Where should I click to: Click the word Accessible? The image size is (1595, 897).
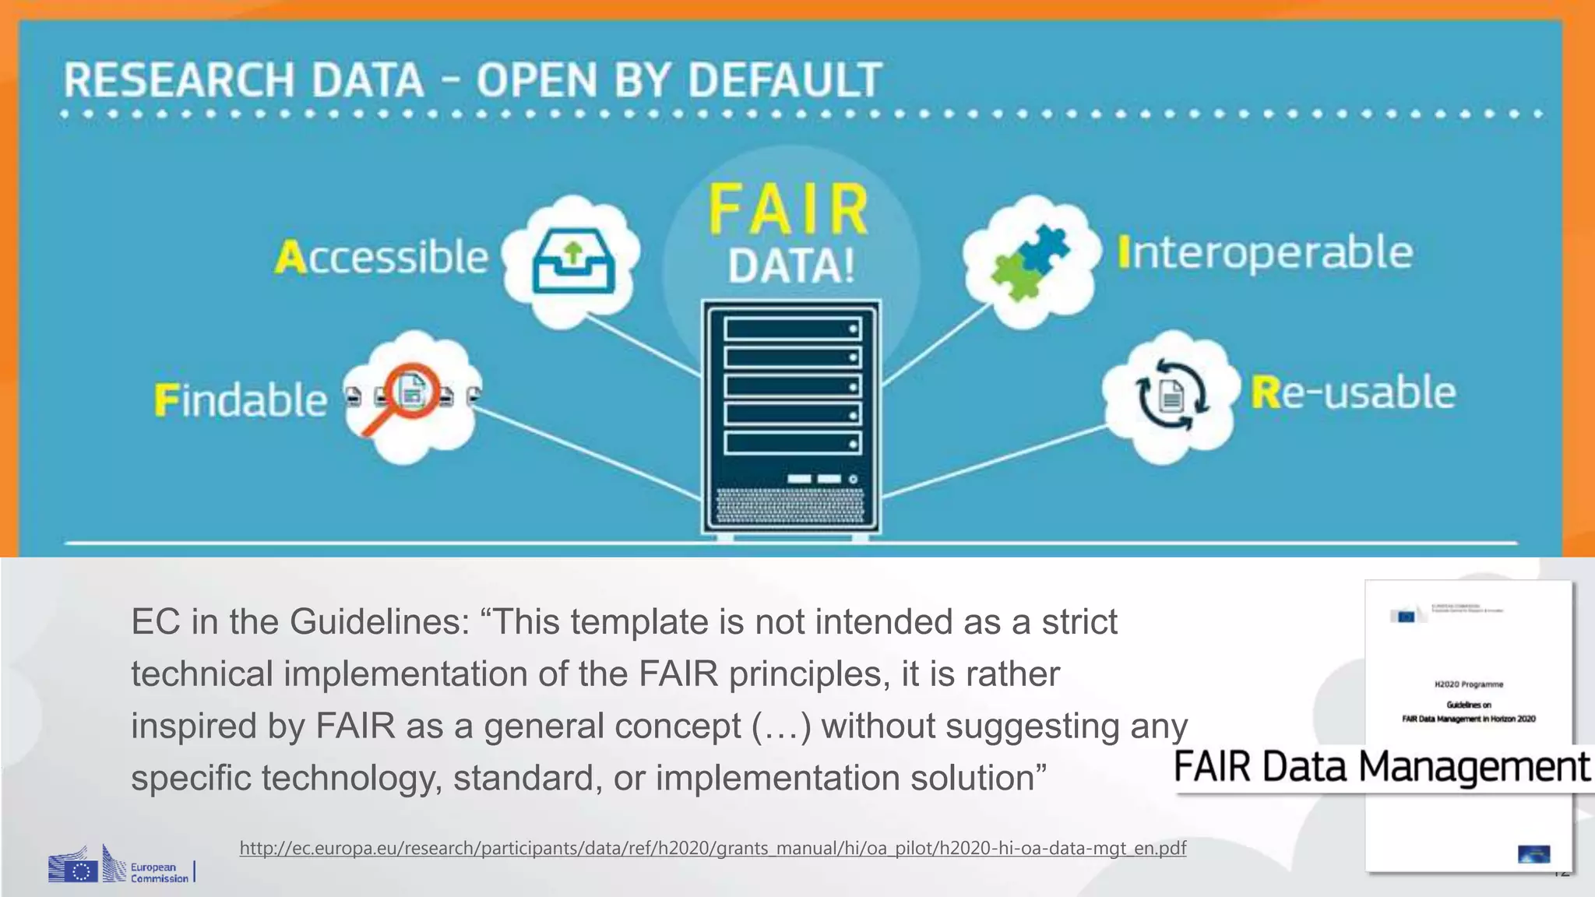(382, 257)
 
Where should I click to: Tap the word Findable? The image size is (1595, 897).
(241, 400)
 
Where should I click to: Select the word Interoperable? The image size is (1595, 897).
(1265, 253)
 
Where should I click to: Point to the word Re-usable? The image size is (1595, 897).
(1354, 392)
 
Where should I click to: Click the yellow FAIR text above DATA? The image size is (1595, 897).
(789, 210)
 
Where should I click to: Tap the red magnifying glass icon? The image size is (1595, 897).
(407, 396)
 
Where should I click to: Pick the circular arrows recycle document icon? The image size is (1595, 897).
(1171, 395)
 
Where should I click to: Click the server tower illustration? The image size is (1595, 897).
(791, 417)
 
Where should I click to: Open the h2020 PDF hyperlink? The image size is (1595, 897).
(713, 848)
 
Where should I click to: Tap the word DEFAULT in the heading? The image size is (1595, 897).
(785, 80)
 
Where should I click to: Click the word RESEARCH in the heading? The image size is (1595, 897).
(178, 80)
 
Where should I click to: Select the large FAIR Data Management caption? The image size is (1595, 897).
(1381, 767)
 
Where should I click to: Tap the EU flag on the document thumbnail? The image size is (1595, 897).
(1407, 616)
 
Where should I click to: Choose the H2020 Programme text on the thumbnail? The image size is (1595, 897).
(1469, 684)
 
